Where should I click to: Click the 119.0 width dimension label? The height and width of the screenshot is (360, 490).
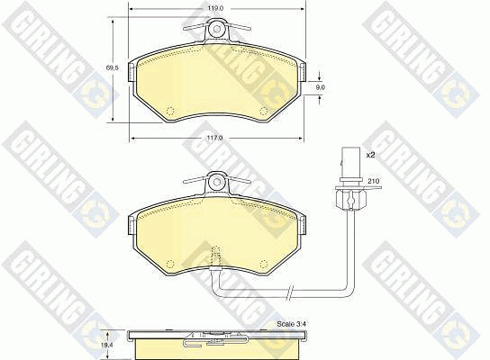(215, 9)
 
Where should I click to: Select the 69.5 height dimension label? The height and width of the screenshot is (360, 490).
(112, 67)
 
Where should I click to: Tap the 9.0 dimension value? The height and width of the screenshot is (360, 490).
(320, 87)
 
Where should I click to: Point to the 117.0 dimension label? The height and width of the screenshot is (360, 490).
(214, 138)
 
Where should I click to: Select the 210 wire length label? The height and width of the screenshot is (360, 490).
(373, 181)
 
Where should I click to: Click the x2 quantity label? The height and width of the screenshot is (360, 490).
(370, 155)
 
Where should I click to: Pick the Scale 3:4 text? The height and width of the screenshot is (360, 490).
(291, 324)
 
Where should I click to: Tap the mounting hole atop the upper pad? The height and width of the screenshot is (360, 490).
(216, 29)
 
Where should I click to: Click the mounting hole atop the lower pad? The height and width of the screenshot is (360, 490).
(216, 182)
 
